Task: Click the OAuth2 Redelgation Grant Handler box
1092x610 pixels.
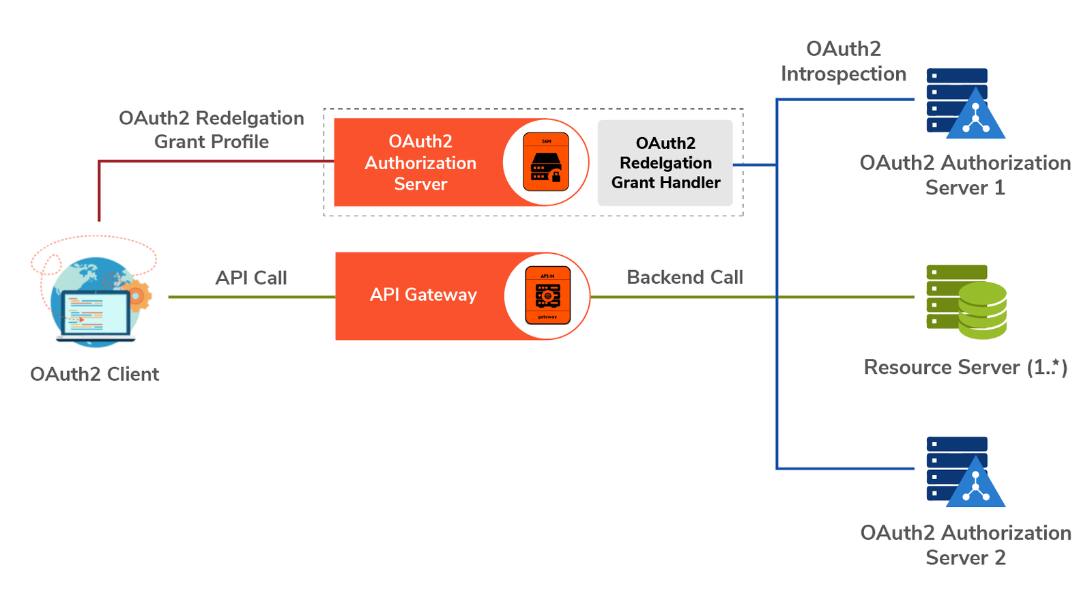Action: (x=665, y=163)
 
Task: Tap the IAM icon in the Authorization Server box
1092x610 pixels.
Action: (x=546, y=162)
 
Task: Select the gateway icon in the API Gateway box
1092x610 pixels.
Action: (x=547, y=295)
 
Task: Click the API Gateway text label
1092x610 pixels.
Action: (x=423, y=295)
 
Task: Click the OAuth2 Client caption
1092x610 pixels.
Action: (x=94, y=374)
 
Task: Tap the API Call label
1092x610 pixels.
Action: (x=251, y=278)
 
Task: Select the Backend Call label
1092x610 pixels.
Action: (x=685, y=277)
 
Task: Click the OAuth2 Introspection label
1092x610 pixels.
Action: (x=844, y=61)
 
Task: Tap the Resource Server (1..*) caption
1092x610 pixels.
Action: (x=965, y=367)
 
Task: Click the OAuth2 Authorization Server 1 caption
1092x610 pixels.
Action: (x=965, y=175)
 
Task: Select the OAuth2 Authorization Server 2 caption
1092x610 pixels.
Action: (x=965, y=544)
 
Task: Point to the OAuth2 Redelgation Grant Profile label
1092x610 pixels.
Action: (x=212, y=130)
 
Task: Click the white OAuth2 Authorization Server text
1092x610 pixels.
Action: (x=420, y=162)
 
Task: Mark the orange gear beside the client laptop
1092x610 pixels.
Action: (x=139, y=295)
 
